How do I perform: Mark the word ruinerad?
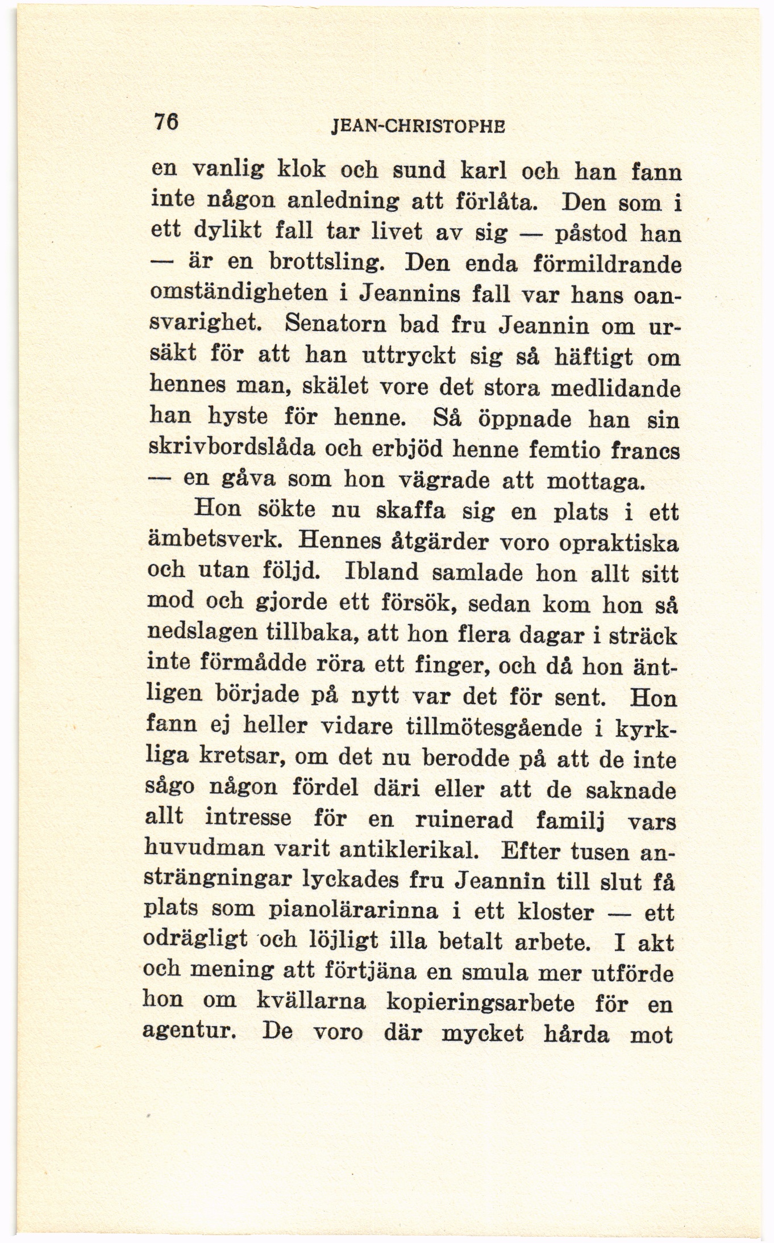[x=465, y=821]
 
